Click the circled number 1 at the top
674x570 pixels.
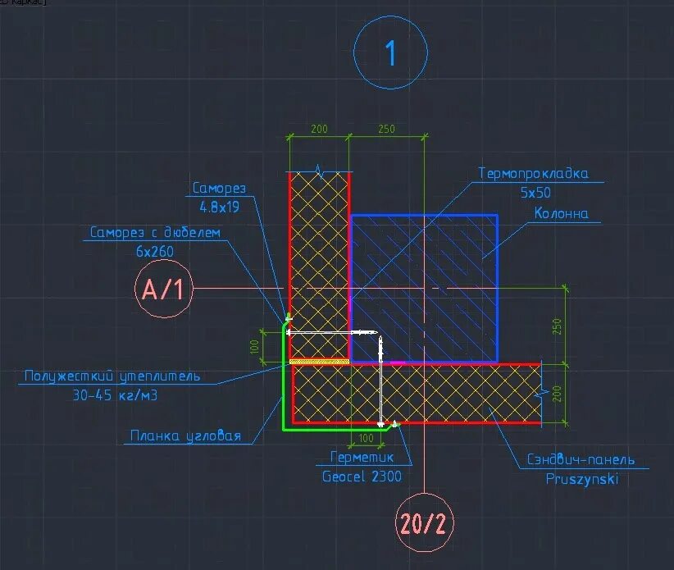coord(390,53)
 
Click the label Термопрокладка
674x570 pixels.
coord(533,174)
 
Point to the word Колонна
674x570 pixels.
coord(562,214)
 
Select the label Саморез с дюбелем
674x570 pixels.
coord(156,233)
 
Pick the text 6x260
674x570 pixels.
coord(155,252)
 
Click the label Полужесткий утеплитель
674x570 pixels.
coord(112,376)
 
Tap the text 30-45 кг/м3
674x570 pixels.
coord(113,395)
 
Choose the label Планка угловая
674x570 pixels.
coord(185,435)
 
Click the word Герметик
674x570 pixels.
coord(362,458)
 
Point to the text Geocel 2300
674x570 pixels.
coord(361,476)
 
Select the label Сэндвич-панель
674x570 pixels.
coord(580,460)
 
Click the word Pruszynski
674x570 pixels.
coord(582,479)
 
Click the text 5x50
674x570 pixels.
coord(536,193)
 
